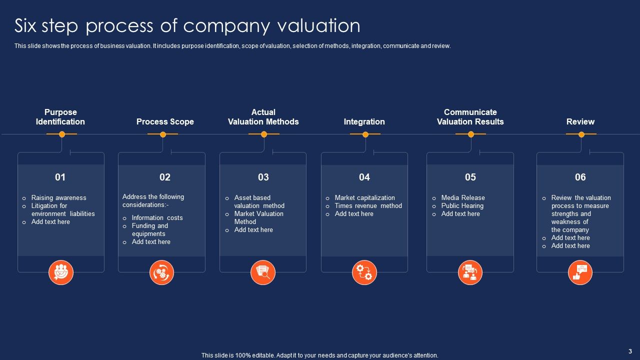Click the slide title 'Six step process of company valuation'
click(187, 25)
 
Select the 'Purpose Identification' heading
click(60, 117)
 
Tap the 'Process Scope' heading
click(165, 121)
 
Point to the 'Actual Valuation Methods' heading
click(263, 117)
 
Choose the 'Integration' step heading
click(364, 121)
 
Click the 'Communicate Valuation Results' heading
click(470, 117)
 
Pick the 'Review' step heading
click(580, 121)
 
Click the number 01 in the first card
click(60, 177)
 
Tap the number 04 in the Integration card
click(364, 177)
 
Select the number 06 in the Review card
click(580, 177)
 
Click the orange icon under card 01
click(61, 272)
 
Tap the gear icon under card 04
click(364, 272)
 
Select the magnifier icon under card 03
click(263, 272)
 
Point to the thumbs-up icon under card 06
click(580, 272)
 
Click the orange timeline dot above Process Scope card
click(163, 134)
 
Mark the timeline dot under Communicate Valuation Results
click(471, 134)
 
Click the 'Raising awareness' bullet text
click(59, 198)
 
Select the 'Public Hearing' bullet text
click(462, 206)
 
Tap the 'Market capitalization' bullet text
click(365, 198)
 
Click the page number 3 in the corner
click(630, 351)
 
